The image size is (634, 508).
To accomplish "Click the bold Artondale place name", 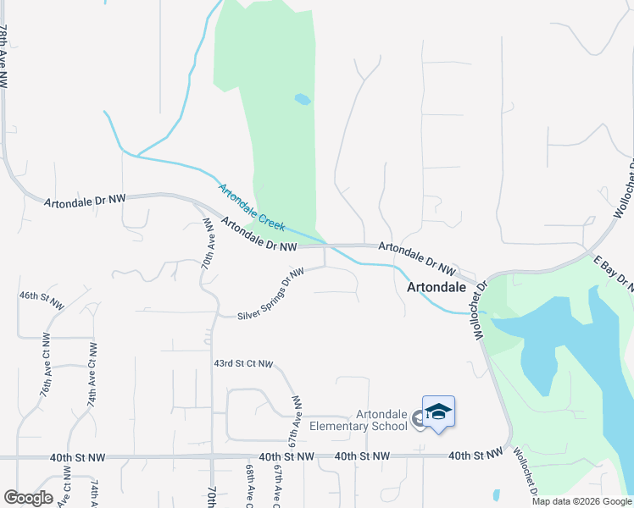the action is point(437,287).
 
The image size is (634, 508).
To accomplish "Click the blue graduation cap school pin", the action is point(438,413).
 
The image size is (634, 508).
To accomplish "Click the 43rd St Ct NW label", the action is point(243,363).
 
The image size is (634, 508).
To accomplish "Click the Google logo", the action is point(28,498).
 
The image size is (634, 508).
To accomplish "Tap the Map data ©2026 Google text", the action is point(581,501).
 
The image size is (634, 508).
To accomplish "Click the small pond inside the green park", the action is point(303,100).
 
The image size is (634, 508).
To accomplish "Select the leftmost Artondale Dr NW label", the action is point(85,198).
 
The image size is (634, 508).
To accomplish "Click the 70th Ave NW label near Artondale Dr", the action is point(209,241).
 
